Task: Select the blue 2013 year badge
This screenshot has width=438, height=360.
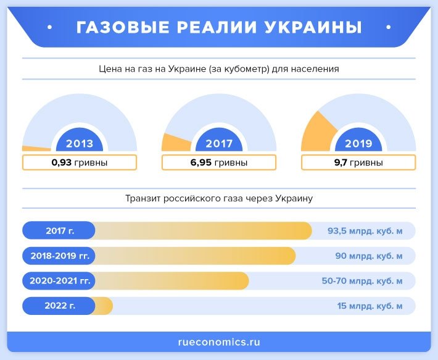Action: point(80,143)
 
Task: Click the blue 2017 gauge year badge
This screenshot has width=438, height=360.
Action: point(219,143)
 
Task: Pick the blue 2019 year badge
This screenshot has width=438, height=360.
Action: point(358,143)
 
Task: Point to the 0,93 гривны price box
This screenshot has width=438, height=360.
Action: point(80,163)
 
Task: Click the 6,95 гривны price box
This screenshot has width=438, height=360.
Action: point(219,163)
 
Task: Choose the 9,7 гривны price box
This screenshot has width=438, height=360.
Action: point(358,163)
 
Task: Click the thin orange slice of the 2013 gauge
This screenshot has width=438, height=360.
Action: point(36,148)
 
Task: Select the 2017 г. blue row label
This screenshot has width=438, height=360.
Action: point(59,231)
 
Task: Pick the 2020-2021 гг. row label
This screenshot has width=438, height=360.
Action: point(59,280)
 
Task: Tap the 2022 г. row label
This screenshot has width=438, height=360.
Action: point(59,306)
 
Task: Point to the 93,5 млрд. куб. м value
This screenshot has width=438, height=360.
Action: point(365,231)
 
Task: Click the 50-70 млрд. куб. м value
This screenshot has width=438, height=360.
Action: point(362,280)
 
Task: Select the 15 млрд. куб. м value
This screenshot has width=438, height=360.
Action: point(370,306)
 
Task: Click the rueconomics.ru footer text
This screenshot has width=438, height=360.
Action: point(218,341)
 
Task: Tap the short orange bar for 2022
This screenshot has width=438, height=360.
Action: point(104,306)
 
